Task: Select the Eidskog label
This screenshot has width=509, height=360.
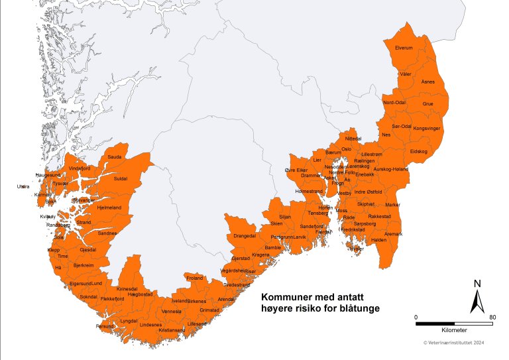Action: click(x=419, y=152)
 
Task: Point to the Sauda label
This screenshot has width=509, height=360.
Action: click(x=115, y=157)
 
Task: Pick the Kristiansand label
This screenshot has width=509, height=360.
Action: click(x=172, y=330)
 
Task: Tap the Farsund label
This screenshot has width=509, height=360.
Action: click(x=105, y=326)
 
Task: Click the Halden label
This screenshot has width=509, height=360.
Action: click(x=378, y=239)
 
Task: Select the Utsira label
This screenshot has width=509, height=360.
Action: click(x=23, y=187)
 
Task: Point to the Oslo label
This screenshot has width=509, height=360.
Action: click(x=347, y=149)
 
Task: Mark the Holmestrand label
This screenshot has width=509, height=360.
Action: click(x=308, y=191)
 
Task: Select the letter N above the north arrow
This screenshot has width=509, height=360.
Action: click(x=477, y=284)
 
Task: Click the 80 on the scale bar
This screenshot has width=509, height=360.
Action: click(x=492, y=317)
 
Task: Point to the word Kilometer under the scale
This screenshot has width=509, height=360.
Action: click(x=453, y=330)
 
